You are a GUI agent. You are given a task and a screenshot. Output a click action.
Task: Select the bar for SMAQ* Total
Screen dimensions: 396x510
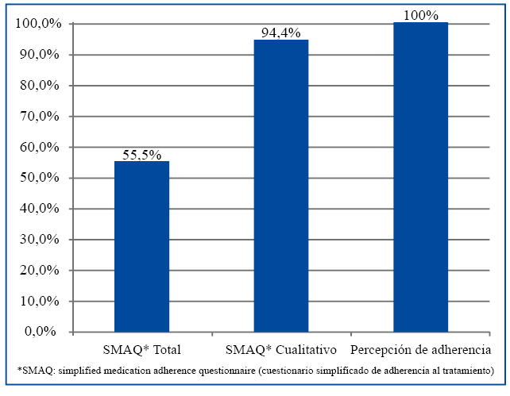pyautogui.click(x=141, y=246)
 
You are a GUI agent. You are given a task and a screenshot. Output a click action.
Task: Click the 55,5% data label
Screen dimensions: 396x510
pyautogui.click(x=141, y=155)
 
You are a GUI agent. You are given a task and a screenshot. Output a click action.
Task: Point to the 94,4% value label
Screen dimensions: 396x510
pyautogui.click(x=281, y=33)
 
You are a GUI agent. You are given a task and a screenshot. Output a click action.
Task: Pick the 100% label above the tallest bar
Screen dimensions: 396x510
pyautogui.click(x=420, y=15)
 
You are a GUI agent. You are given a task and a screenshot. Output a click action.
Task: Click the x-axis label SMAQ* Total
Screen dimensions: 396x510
pyautogui.click(x=142, y=350)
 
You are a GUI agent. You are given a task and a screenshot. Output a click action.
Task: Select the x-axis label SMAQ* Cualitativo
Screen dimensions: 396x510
pyautogui.click(x=282, y=350)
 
